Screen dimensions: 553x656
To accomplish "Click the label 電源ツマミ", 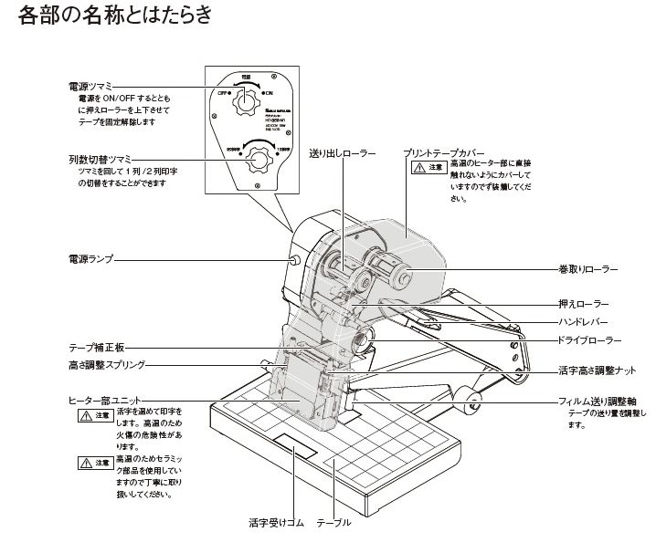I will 92,85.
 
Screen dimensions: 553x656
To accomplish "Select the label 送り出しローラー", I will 342,153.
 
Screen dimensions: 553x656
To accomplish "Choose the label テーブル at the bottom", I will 333,523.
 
